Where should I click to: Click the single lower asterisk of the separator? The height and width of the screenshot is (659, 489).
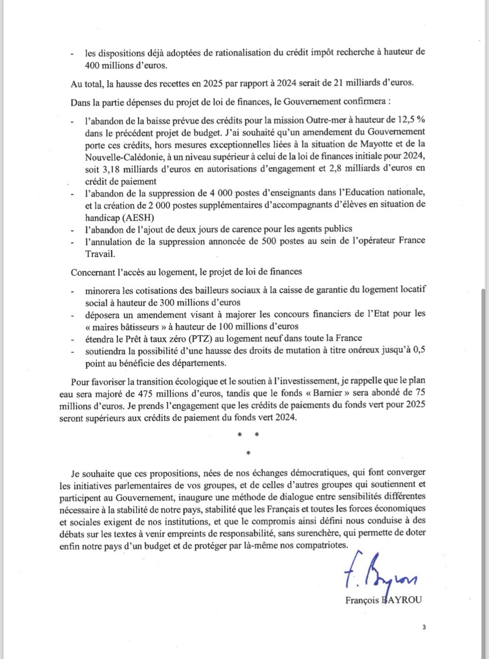[248, 454]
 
